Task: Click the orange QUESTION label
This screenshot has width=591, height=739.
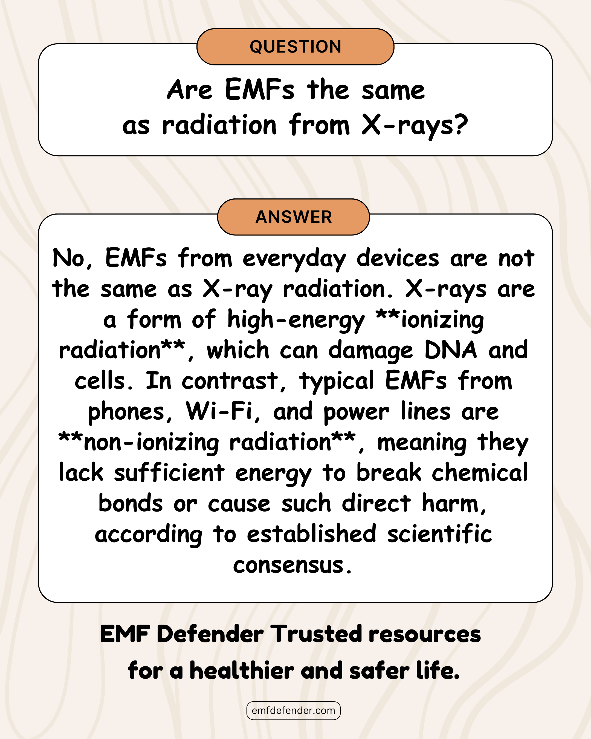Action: (x=295, y=47)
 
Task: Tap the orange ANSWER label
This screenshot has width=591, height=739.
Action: (x=294, y=217)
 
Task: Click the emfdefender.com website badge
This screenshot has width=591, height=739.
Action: (x=294, y=711)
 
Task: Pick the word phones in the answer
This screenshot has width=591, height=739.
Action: (x=126, y=412)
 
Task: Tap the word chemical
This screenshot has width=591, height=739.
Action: (x=480, y=473)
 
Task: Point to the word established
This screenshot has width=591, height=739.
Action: (x=311, y=534)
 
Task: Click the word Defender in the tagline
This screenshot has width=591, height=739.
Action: (x=210, y=634)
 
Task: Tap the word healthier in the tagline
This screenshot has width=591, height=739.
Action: (x=242, y=671)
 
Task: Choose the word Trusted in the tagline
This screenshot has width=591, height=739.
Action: (x=316, y=634)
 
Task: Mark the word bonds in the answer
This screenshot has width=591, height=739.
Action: (x=131, y=504)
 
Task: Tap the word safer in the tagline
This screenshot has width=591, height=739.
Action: (x=379, y=671)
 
